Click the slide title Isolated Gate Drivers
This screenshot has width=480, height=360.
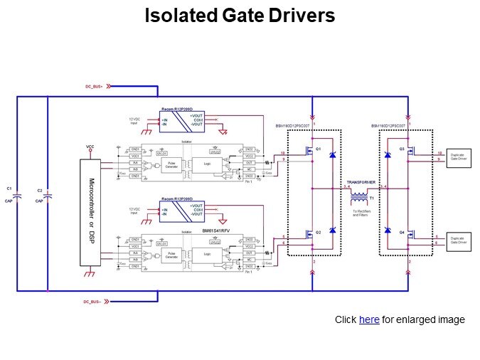(240, 16)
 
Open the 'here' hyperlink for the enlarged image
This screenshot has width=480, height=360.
(369, 320)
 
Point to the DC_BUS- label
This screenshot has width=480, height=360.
(95, 301)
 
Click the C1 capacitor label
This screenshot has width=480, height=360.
(9, 188)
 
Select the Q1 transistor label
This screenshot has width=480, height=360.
(319, 149)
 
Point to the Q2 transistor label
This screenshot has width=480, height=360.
(319, 233)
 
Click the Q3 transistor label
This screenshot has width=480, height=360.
(402, 149)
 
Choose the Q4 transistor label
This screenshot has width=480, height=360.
(402, 233)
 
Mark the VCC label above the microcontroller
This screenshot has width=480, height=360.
(90, 147)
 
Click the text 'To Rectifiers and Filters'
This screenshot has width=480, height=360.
(361, 212)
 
